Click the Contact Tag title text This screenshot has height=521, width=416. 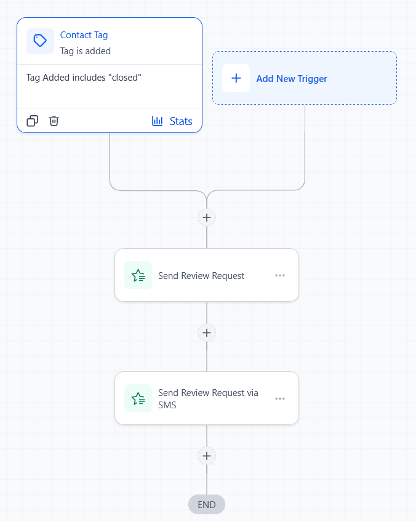[x=84, y=35]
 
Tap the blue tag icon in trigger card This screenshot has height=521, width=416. [x=40, y=41]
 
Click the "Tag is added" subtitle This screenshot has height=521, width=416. [x=86, y=51]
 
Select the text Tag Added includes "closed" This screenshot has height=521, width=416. [x=84, y=78]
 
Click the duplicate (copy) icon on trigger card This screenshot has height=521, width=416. [x=33, y=121]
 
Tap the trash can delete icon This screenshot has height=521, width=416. [x=54, y=121]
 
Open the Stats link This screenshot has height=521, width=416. [x=181, y=121]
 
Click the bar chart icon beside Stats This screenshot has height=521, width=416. [x=158, y=121]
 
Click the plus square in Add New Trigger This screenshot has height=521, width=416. [x=236, y=78]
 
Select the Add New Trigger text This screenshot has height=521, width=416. [x=292, y=79]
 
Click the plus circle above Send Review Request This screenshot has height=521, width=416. [x=207, y=217]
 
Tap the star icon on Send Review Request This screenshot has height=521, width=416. [x=138, y=275]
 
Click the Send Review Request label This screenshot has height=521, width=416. [x=201, y=276]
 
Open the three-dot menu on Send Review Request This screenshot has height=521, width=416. [x=280, y=275]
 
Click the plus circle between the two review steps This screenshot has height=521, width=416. [x=207, y=333]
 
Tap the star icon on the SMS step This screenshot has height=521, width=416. [x=138, y=398]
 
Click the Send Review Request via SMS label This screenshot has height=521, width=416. [x=208, y=398]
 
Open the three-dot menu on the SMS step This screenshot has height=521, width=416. [x=280, y=398]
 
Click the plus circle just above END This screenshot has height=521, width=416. [x=207, y=456]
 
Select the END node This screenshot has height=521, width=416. [x=207, y=504]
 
